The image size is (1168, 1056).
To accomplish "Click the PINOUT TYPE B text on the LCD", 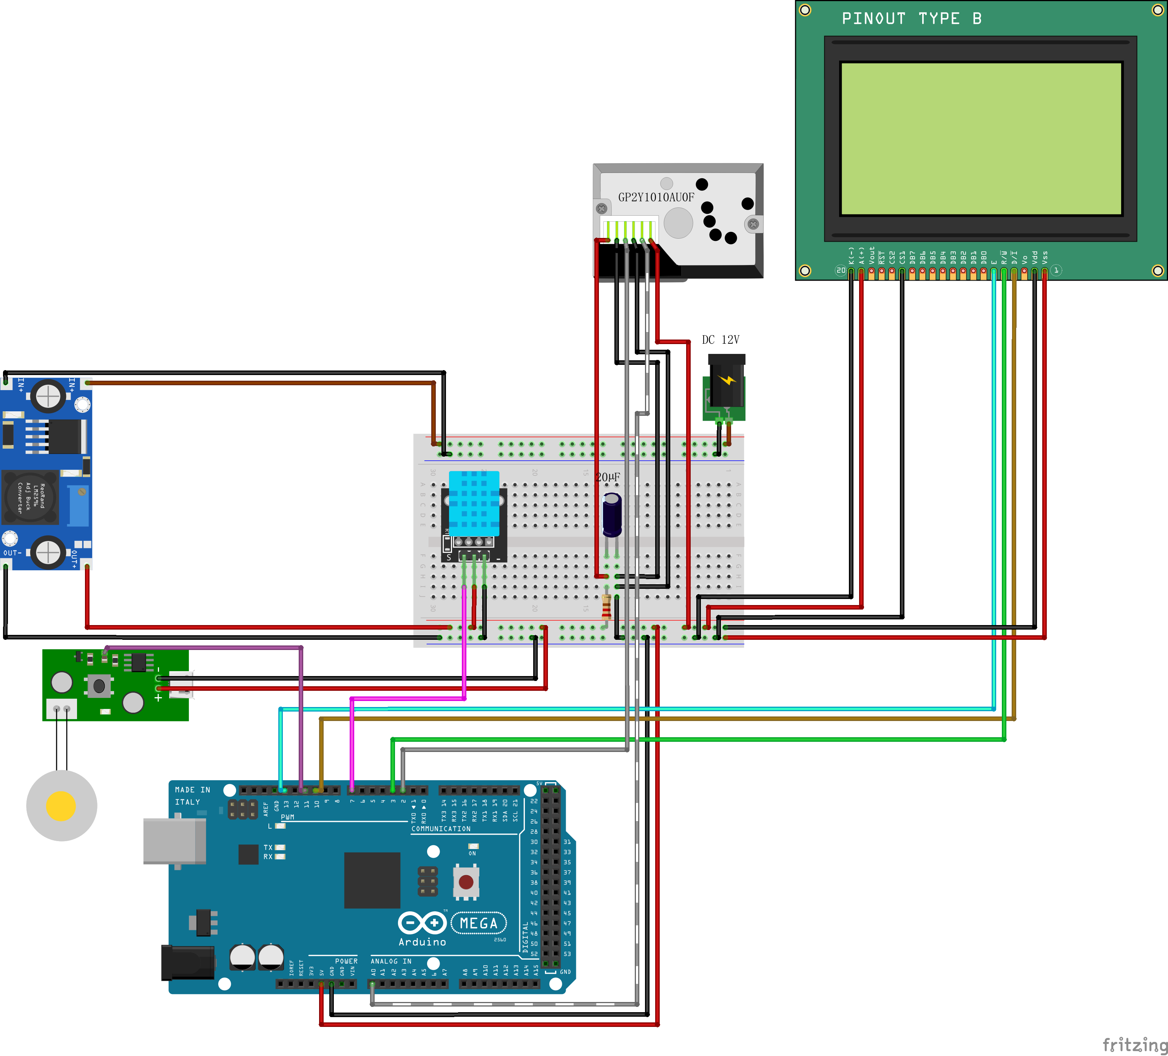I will [911, 19].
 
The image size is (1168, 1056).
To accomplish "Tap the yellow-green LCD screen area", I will [981, 139].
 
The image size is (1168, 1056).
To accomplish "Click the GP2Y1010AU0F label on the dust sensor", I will [656, 197].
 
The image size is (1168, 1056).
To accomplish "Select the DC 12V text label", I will [720, 340].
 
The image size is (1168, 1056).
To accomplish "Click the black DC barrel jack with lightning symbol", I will [726, 383].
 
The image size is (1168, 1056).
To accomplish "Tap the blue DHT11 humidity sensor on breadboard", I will [474, 503].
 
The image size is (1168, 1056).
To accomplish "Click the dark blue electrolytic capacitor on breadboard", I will [612, 515].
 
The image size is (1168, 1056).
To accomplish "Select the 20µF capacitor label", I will [608, 477].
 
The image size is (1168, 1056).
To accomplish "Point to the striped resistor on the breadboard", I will [606, 606].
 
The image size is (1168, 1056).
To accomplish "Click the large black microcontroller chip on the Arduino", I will [372, 880].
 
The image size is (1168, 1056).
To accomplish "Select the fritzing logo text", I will [1134, 1044].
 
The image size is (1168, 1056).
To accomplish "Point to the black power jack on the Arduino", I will [188, 963].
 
